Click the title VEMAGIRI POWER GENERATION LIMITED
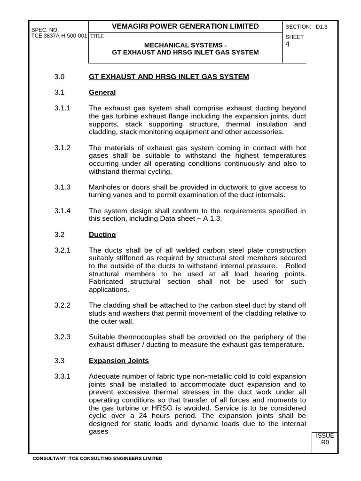(x=185, y=26)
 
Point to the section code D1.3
(x=322, y=27)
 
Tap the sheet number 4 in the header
(x=288, y=45)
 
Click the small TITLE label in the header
(x=97, y=36)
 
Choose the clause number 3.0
(x=59, y=77)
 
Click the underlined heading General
(x=102, y=93)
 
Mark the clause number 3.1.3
(x=63, y=187)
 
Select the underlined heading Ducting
(x=102, y=234)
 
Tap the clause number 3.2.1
(x=63, y=250)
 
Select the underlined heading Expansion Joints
(x=118, y=361)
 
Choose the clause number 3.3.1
(x=63, y=377)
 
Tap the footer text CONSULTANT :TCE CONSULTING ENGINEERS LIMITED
(x=97, y=458)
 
